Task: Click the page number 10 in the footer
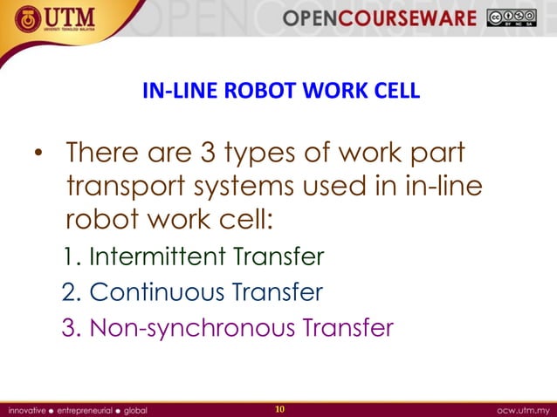(279, 408)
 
